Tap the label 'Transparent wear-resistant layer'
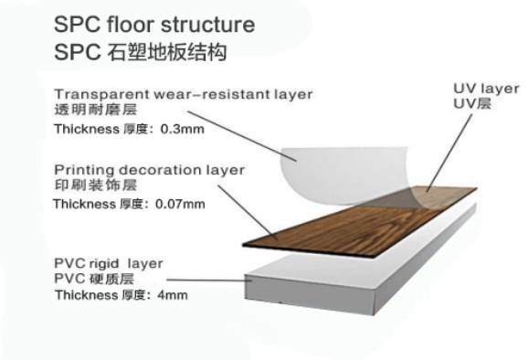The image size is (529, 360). coord(183,94)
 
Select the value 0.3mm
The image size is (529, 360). coord(182,129)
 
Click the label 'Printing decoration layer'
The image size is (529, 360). coord(149,170)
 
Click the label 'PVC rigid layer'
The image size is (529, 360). coord(109,263)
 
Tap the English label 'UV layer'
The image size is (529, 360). coord(486,89)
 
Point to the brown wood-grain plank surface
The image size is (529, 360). coord(356,219)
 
